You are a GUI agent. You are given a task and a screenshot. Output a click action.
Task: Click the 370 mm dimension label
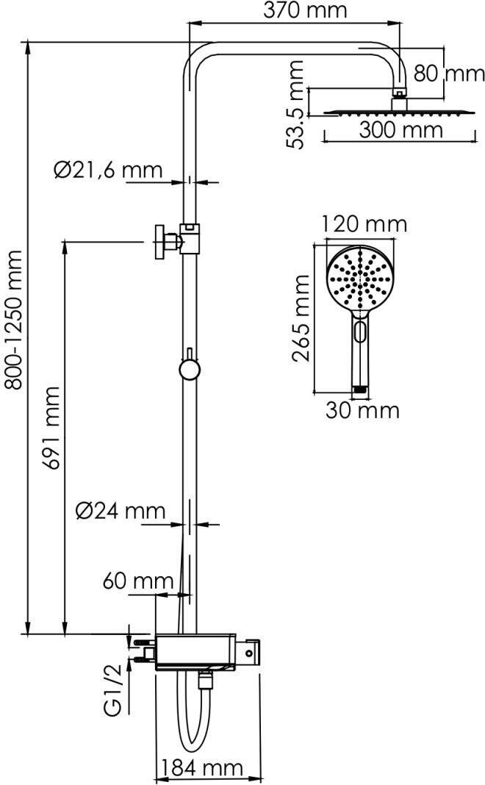[x=305, y=10]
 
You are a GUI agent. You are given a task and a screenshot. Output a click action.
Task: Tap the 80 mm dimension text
[x=449, y=74]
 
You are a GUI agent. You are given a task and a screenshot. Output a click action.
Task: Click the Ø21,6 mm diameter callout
[x=108, y=171]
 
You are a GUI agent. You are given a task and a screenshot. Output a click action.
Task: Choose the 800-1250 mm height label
[x=14, y=320]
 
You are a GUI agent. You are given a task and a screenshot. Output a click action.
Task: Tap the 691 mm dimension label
[x=51, y=428]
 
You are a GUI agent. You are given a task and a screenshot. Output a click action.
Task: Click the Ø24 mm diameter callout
[x=121, y=511]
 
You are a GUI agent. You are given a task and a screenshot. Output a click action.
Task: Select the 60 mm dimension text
[x=138, y=581]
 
